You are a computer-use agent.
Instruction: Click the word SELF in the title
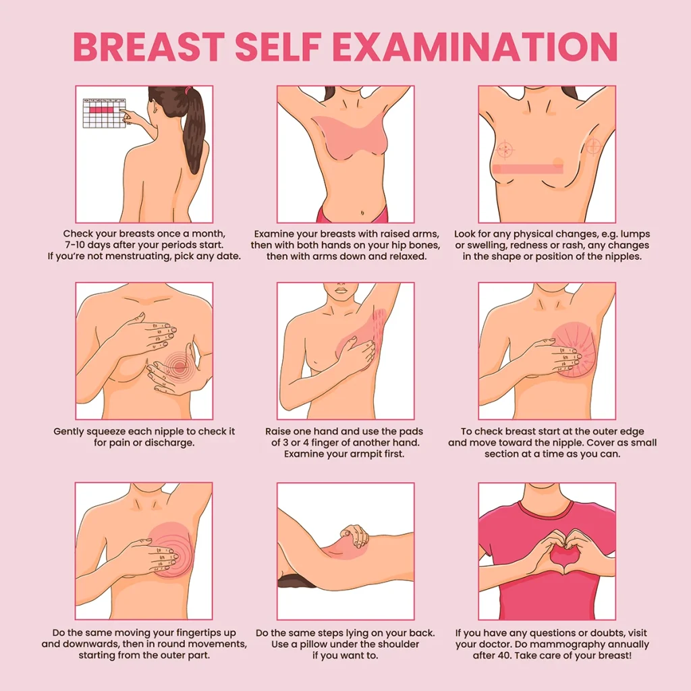(277, 47)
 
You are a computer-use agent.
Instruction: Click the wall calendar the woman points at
(105, 113)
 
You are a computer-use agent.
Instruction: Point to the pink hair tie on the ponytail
(190, 90)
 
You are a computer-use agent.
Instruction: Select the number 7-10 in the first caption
(75, 245)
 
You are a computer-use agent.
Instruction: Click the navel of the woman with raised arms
(362, 213)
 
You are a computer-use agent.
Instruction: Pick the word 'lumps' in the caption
(634, 234)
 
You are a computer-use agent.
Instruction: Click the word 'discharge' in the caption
(169, 443)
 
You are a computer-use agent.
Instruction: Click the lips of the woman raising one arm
(341, 290)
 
